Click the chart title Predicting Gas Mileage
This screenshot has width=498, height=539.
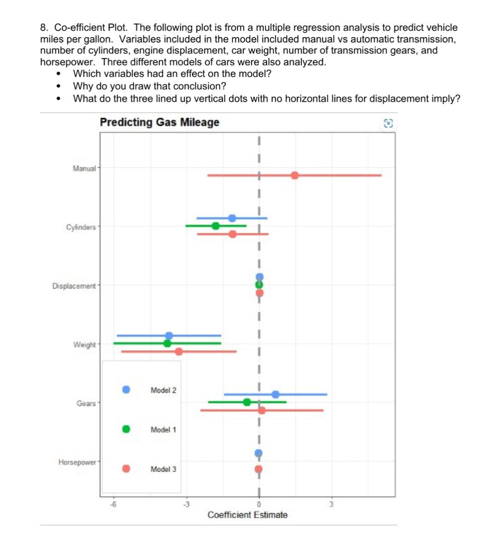[x=160, y=122]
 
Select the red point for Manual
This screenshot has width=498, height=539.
[x=295, y=175]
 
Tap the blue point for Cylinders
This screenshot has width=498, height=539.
[x=232, y=218]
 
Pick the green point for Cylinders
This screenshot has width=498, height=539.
[x=215, y=226]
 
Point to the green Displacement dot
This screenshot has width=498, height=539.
[x=259, y=285]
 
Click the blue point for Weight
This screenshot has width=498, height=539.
[x=169, y=335]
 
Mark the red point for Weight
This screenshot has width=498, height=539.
[x=178, y=351]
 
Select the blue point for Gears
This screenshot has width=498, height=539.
[x=275, y=394]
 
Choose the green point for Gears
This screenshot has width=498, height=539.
[x=247, y=402]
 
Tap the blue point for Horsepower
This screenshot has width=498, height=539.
[x=259, y=453]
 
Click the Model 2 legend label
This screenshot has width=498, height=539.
[x=163, y=390]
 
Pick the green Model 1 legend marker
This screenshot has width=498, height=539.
[x=126, y=429]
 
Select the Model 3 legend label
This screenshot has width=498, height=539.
[x=163, y=469]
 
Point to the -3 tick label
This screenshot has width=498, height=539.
[x=186, y=504]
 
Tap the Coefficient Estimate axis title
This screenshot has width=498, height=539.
[x=248, y=515]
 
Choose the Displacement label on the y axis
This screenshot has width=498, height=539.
[x=74, y=286]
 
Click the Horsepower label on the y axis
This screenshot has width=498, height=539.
[x=77, y=462]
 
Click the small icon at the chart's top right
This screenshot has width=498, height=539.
[x=388, y=123]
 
